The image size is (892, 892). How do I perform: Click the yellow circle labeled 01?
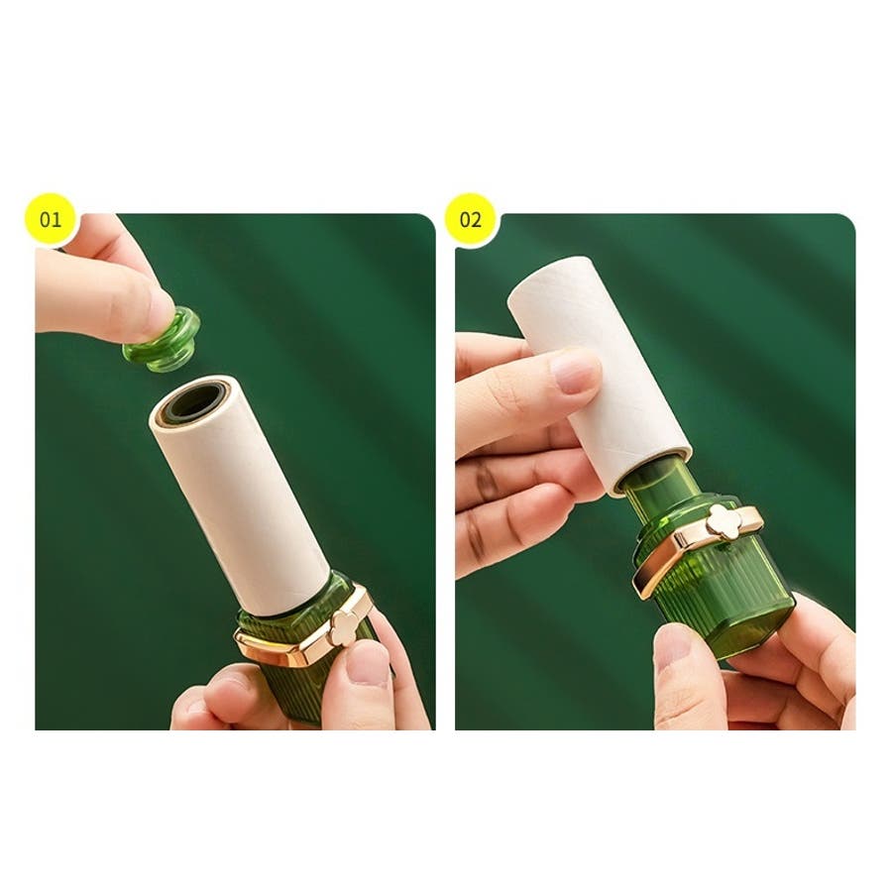51,219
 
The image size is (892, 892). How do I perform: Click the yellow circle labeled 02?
470,219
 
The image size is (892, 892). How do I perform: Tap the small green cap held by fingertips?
163,341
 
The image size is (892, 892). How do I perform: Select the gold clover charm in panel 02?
724,520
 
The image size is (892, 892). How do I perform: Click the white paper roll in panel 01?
239,495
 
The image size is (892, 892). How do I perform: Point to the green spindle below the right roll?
660,487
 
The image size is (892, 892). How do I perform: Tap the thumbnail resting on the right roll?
576,372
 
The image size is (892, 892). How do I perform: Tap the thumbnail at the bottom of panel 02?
672,648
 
